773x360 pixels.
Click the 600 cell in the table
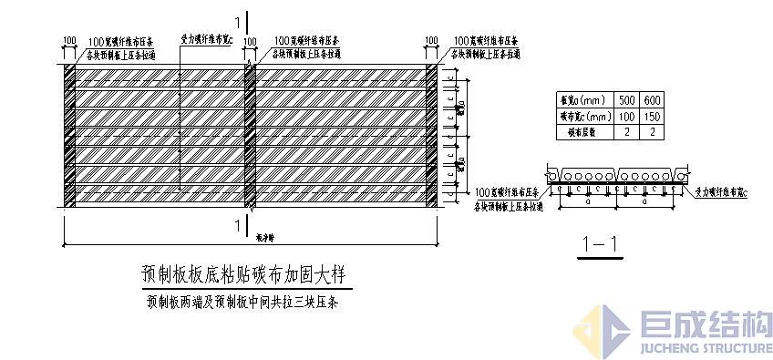tap(652, 100)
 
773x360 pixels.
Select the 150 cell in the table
tap(652, 117)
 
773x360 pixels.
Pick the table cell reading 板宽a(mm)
tap(585, 100)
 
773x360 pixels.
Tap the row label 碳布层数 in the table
tap(585, 132)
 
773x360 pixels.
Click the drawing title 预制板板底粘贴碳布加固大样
tap(245, 274)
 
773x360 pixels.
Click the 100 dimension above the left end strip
tap(69, 41)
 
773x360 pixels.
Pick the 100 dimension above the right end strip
tap(432, 41)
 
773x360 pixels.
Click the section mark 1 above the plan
tap(237, 20)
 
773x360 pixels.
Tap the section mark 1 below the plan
tap(237, 225)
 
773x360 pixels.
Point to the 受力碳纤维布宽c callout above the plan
tap(207, 41)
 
